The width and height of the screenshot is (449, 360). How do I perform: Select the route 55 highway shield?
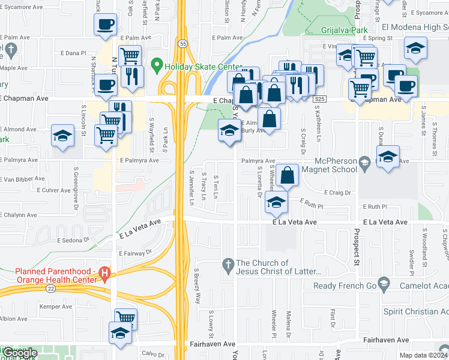pyautogui.click(x=181, y=43)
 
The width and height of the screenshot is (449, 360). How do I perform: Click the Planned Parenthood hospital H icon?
pyautogui.click(x=105, y=275)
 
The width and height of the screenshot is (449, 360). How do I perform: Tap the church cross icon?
pyautogui.click(x=228, y=263)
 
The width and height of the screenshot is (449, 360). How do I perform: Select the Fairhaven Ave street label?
pyautogui.click(x=212, y=344)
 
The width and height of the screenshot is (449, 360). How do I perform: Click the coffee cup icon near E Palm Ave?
pyautogui.click(x=105, y=25)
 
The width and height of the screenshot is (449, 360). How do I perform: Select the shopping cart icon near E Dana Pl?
pyautogui.click(x=130, y=56)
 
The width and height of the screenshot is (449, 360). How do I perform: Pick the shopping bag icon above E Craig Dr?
pyautogui.click(x=288, y=175)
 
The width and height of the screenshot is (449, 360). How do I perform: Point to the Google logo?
pyautogui.click(x=20, y=353)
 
